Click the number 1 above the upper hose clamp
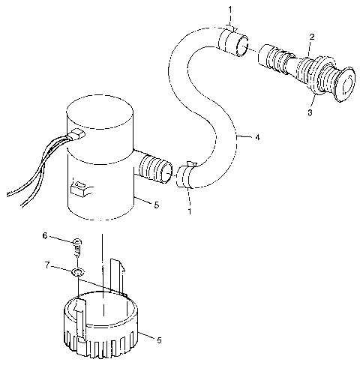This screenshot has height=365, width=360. pyautogui.click(x=231, y=7)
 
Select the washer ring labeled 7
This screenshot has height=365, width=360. pyautogui.click(x=79, y=271)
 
